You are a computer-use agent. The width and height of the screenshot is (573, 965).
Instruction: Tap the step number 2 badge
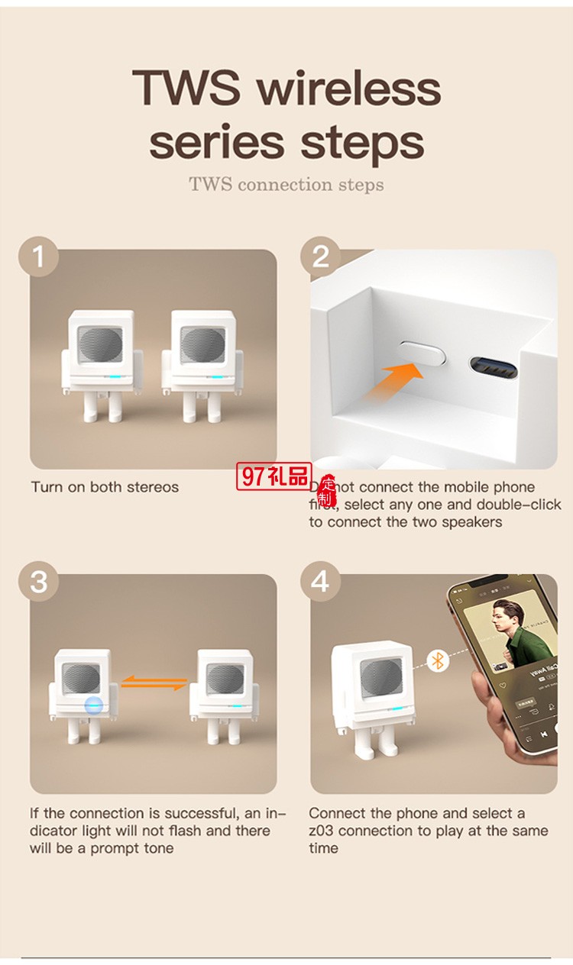(x=320, y=257)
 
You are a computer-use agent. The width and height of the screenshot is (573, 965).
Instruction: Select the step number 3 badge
(x=38, y=582)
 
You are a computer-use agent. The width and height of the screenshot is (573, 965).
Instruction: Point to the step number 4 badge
(x=320, y=582)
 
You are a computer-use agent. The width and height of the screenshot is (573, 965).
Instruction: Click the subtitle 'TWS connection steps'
(x=286, y=185)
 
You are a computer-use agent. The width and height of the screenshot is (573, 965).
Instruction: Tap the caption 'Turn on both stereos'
(x=105, y=487)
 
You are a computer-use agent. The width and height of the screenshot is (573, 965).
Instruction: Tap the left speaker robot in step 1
(x=95, y=363)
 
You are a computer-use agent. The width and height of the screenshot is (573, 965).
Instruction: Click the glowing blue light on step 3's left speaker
(x=94, y=705)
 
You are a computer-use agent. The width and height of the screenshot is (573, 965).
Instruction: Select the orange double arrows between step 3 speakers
(x=155, y=682)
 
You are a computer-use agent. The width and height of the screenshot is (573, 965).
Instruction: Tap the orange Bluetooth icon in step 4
(x=437, y=660)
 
